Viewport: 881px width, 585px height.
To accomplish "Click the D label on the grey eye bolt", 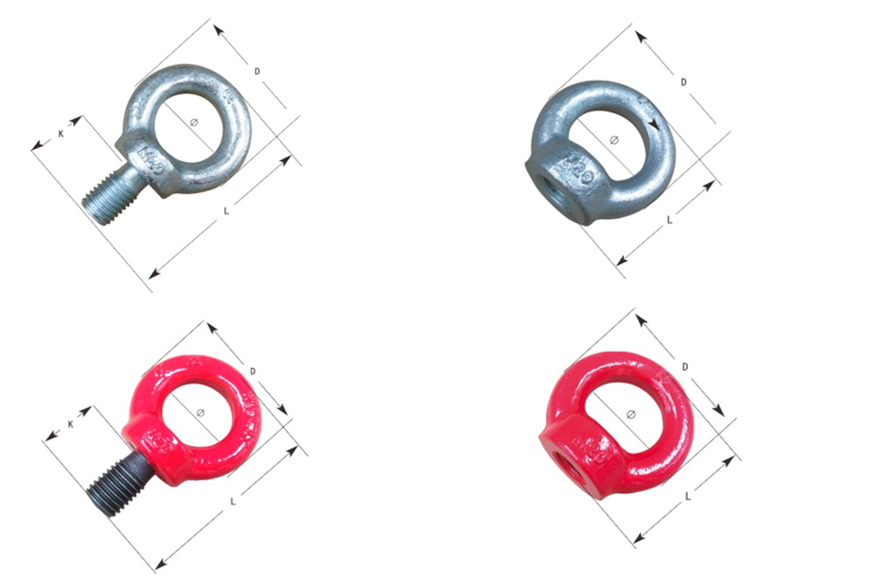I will click(x=258, y=70).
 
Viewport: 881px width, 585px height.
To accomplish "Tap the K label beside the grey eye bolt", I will click(x=60, y=134).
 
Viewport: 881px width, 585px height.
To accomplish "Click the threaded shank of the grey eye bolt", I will click(x=111, y=192).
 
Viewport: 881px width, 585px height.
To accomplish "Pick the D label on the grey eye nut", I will click(x=683, y=82).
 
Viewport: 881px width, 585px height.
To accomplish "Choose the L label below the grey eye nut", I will click(x=670, y=220).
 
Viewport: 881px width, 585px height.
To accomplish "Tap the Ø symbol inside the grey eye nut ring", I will click(x=614, y=139).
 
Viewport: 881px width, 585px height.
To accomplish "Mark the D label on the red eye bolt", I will click(x=252, y=370).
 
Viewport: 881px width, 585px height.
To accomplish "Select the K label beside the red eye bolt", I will click(x=71, y=424).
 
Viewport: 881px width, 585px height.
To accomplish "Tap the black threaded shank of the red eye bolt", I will click(x=114, y=482).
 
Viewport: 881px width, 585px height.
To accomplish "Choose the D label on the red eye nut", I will click(x=684, y=367).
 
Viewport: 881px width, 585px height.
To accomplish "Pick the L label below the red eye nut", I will click(x=686, y=495).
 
